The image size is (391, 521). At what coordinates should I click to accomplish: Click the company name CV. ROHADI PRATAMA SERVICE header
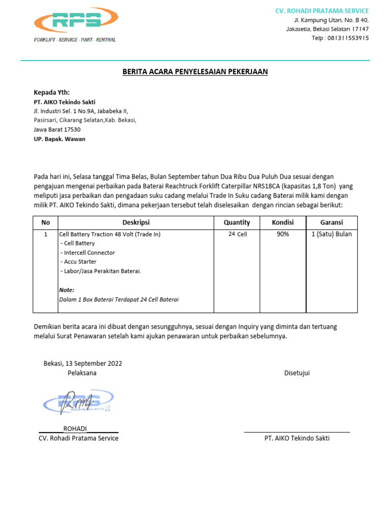(x=322, y=11)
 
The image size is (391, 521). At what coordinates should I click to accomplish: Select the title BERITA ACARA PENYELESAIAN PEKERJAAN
(x=195, y=72)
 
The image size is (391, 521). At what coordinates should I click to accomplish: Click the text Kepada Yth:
(x=48, y=93)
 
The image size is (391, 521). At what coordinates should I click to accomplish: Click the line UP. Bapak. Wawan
(x=60, y=139)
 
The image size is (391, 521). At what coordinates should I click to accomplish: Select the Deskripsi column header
(x=136, y=222)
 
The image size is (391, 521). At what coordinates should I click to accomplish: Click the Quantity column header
(x=237, y=222)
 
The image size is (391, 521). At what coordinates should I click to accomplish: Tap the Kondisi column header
(x=283, y=222)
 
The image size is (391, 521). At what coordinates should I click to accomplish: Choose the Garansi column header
(x=331, y=222)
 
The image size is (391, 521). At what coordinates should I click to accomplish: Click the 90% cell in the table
(x=283, y=234)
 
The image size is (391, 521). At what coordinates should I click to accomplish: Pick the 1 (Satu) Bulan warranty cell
(x=331, y=234)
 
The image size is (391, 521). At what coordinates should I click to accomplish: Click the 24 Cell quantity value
(x=238, y=234)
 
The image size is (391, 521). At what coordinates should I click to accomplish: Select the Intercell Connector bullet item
(x=88, y=252)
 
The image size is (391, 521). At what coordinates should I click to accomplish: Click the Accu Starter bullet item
(x=78, y=262)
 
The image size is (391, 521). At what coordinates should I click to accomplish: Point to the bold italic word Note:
(x=67, y=290)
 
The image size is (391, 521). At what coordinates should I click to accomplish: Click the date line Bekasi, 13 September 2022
(x=82, y=363)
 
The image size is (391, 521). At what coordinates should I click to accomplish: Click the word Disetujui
(x=297, y=373)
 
